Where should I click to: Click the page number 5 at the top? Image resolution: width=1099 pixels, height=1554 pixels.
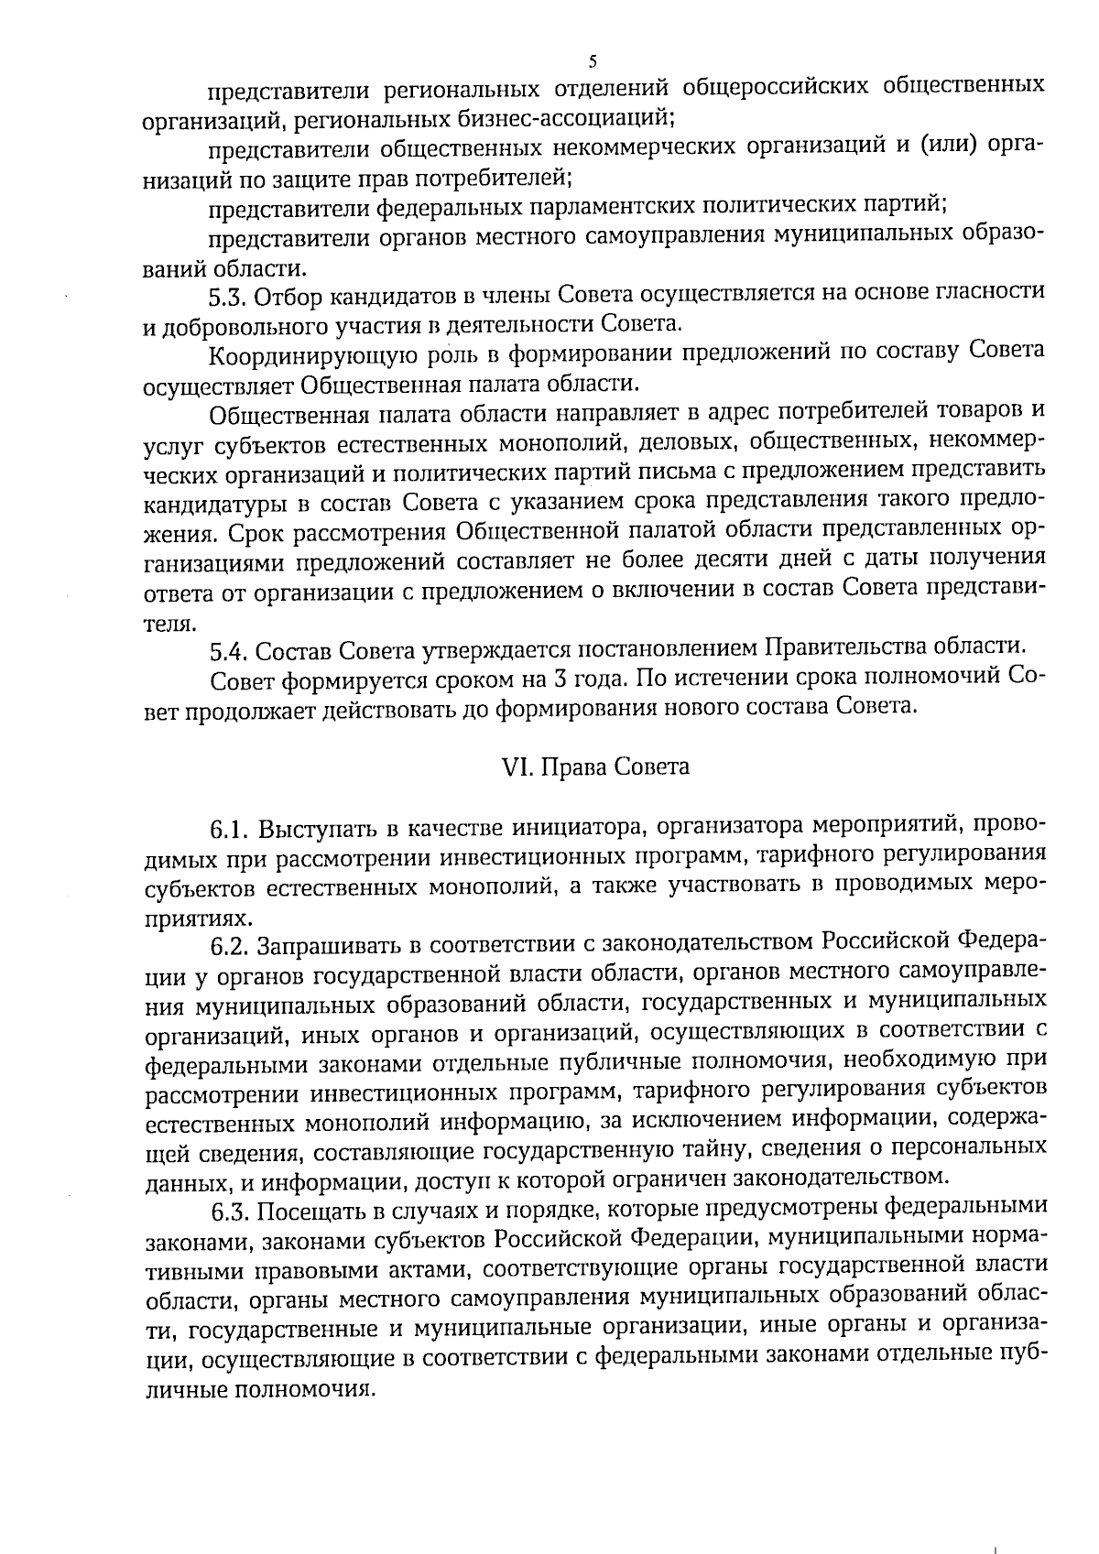click(x=592, y=61)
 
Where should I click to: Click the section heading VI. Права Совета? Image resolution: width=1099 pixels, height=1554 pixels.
click(x=596, y=766)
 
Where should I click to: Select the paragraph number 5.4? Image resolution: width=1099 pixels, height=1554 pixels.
click(x=228, y=651)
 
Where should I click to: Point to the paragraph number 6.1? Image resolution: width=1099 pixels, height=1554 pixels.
click(x=230, y=831)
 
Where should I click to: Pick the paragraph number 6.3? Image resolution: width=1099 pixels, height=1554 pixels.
click(x=230, y=1212)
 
